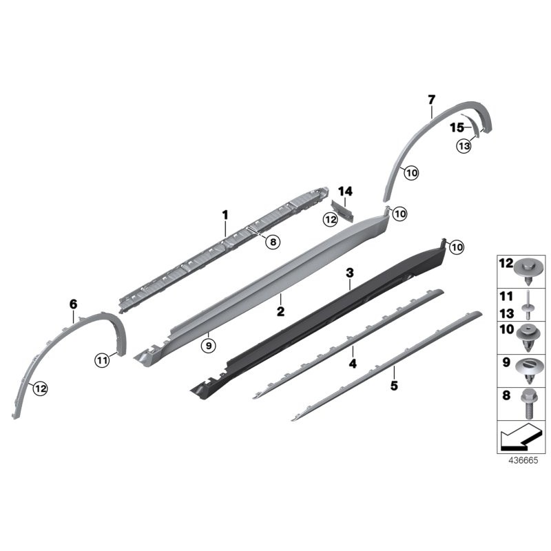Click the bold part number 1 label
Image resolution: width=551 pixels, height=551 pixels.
coord(225,216)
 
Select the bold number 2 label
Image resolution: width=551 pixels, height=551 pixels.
coord(280,311)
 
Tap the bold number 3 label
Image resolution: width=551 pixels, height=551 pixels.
coord(349,274)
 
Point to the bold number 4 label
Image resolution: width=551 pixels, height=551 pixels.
coord(352,363)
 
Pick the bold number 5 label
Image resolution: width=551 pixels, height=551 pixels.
coord(394,386)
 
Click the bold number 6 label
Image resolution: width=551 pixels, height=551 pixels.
coord(73,303)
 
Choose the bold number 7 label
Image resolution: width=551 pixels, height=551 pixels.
coord(431,100)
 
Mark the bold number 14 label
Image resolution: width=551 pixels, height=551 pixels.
coord(345,191)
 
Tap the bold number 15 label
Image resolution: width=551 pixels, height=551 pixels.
coord(457,128)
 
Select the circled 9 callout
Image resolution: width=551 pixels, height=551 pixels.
coord(208,345)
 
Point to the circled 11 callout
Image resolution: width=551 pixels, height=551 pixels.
coord(103,358)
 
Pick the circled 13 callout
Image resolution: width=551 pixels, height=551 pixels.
coord(464,145)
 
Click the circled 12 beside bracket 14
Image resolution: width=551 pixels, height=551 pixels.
coord(331,219)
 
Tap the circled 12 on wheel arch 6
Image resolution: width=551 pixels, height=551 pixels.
coord(40,389)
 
